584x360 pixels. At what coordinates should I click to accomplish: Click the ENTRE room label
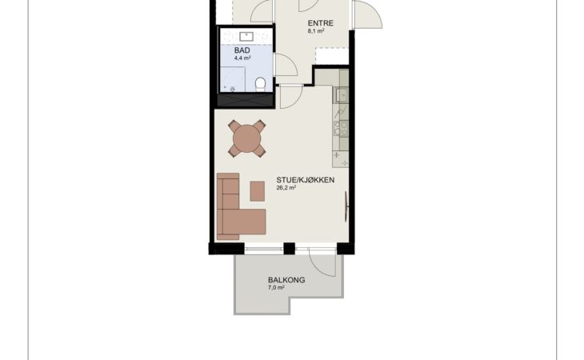pos(320,23)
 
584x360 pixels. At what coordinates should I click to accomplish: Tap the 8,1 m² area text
pos(316,31)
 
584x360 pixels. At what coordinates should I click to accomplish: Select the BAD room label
pos(242,50)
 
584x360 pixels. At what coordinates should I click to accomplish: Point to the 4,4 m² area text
pos(242,58)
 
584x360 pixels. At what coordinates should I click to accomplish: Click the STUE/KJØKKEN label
pos(306,180)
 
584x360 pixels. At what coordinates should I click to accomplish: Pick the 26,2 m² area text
pos(286,188)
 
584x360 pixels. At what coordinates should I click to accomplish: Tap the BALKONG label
pos(286,280)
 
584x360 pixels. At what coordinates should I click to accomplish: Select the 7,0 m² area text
pos(276,288)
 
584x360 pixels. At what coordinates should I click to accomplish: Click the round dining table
pos(247,138)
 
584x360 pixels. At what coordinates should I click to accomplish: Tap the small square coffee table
pos(258,191)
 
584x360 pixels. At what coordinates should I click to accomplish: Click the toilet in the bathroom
pos(260,84)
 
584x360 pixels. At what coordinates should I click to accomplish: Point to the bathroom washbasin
pos(246,37)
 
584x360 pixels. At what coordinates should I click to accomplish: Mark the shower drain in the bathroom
pos(233,90)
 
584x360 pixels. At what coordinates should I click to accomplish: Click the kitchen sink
pos(341,95)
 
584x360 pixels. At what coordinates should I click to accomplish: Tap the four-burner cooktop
pos(341,129)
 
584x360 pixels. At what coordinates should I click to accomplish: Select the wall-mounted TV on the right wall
pos(346,206)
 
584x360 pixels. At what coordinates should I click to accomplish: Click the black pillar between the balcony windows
pos(290,248)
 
